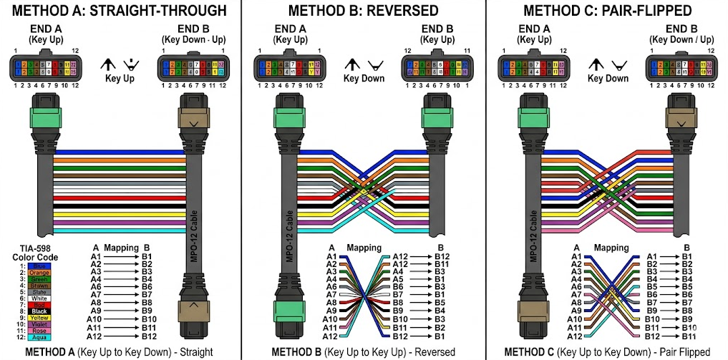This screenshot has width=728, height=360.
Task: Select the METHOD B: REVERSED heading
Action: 363,11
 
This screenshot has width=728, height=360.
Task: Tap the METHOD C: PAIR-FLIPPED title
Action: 608,11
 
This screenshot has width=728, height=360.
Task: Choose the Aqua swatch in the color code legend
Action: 40,337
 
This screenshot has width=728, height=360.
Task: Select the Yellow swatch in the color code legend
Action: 40,317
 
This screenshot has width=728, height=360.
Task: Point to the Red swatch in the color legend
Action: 40,304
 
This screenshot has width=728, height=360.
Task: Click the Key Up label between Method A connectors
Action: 120,79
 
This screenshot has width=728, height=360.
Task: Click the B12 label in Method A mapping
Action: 148,336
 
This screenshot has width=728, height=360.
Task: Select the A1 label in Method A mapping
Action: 96,256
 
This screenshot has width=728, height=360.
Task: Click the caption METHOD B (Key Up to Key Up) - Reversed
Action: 363,351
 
